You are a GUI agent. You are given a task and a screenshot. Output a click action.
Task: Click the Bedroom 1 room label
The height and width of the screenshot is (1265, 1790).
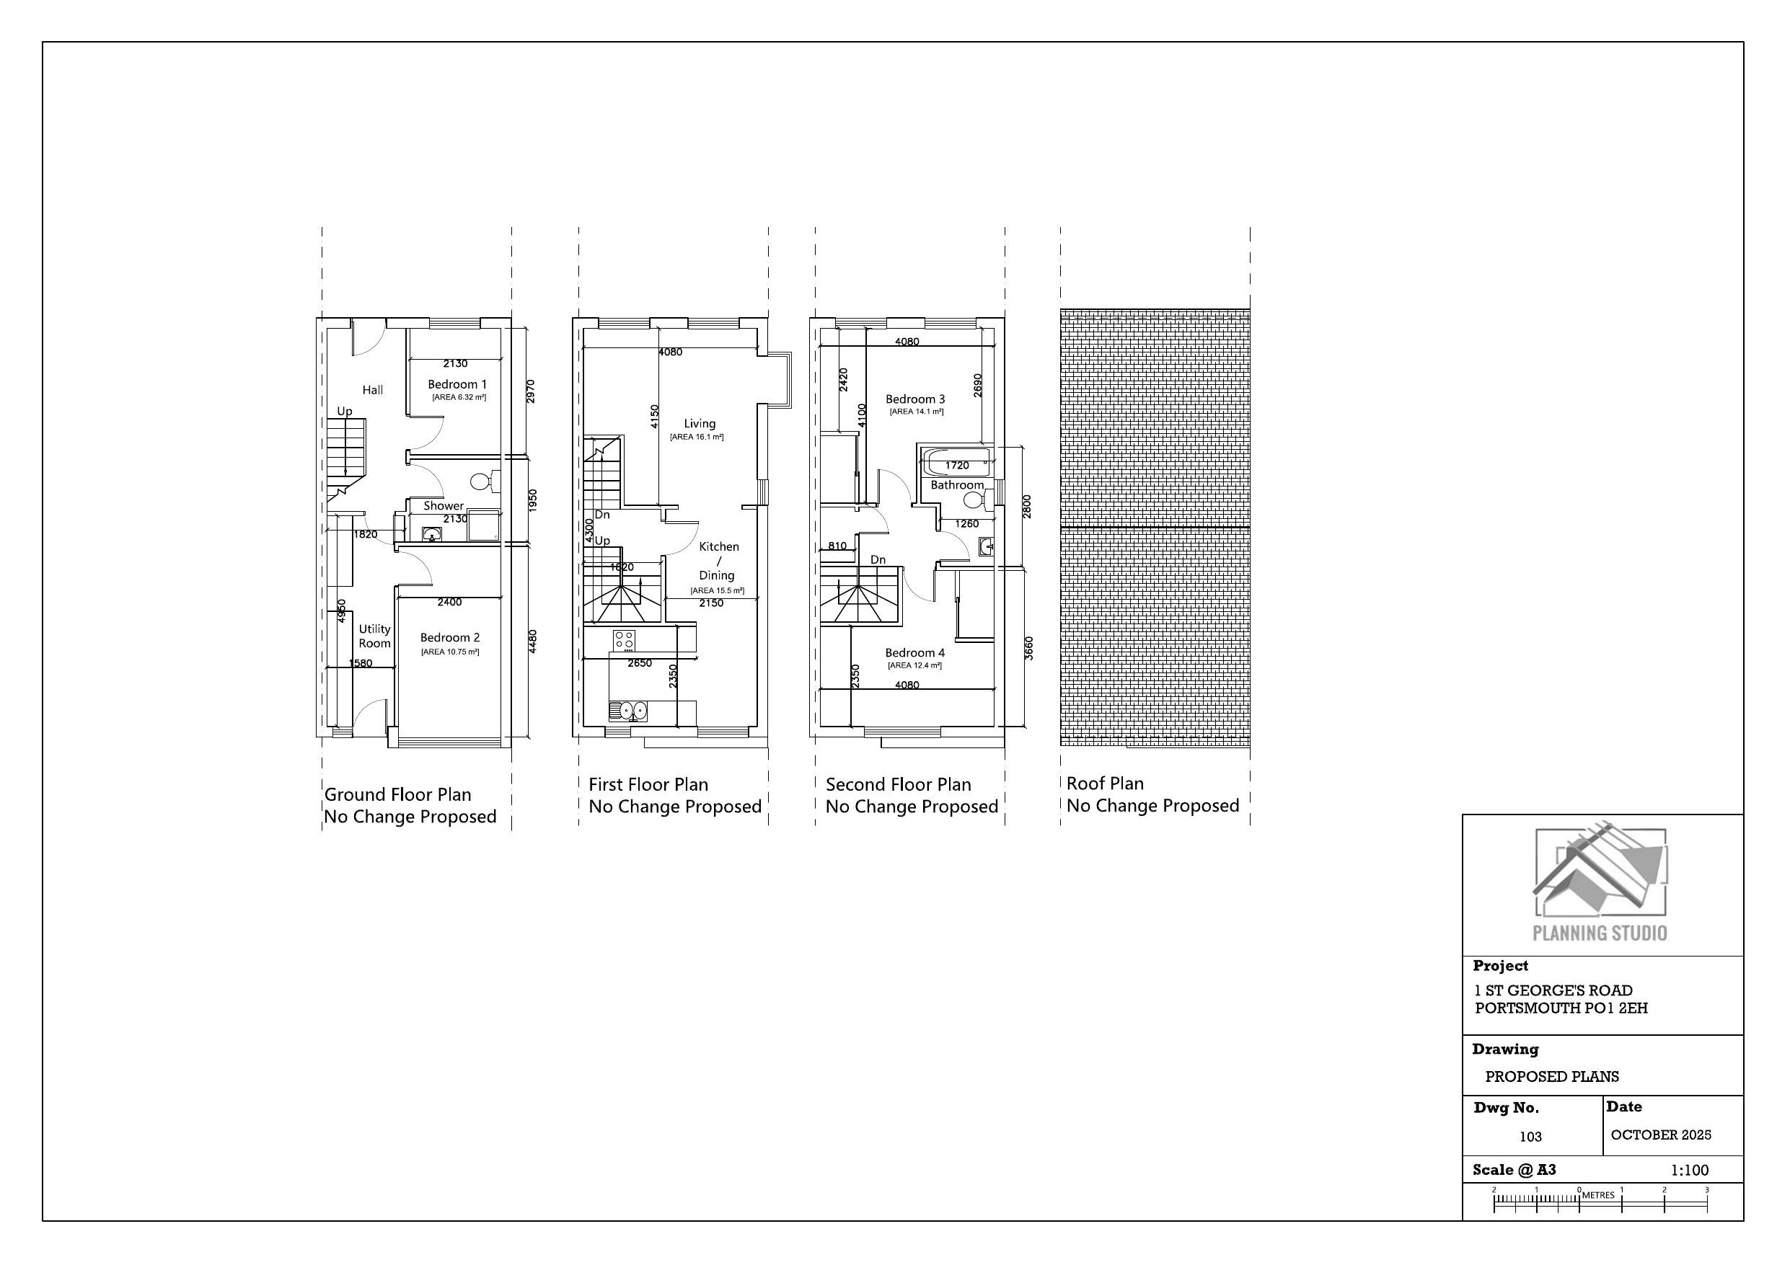tap(457, 384)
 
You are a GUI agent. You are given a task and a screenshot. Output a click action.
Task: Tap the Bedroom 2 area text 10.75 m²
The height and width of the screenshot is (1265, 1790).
tap(450, 652)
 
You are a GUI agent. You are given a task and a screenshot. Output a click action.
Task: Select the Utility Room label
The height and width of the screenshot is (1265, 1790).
tap(374, 636)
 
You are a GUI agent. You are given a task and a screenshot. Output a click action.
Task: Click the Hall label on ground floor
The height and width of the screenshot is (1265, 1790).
tap(373, 390)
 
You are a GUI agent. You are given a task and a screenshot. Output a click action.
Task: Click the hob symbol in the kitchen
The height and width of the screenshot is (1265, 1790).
tap(624, 641)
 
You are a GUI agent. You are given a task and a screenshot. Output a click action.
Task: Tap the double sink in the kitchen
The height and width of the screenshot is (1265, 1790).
tap(629, 710)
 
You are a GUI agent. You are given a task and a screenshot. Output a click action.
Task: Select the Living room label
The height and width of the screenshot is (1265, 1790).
tap(700, 423)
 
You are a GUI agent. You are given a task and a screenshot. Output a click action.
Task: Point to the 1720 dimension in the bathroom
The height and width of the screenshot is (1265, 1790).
tap(956, 466)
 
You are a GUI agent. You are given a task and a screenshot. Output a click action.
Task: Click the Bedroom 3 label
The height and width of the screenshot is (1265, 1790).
tap(914, 399)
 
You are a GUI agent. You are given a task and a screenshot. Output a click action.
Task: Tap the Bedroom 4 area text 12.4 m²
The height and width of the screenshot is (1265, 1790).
tap(914, 665)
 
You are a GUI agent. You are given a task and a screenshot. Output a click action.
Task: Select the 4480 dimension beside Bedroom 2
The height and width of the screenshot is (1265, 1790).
tap(532, 642)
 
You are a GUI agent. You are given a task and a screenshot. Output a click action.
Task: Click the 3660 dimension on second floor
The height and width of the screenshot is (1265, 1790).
tap(1028, 649)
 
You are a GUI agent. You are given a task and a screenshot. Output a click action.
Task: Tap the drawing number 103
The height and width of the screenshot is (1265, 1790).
tap(1530, 1137)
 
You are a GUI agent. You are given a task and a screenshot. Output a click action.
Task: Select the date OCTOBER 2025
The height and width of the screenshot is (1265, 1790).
tap(1661, 1135)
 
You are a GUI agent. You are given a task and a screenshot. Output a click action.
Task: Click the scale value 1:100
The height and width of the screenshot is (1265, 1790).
tap(1690, 1170)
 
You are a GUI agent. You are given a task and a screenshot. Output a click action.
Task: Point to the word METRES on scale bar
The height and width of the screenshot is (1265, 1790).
tap(1598, 1195)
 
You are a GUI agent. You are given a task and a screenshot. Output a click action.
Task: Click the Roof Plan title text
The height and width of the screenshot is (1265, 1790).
tap(1105, 784)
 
